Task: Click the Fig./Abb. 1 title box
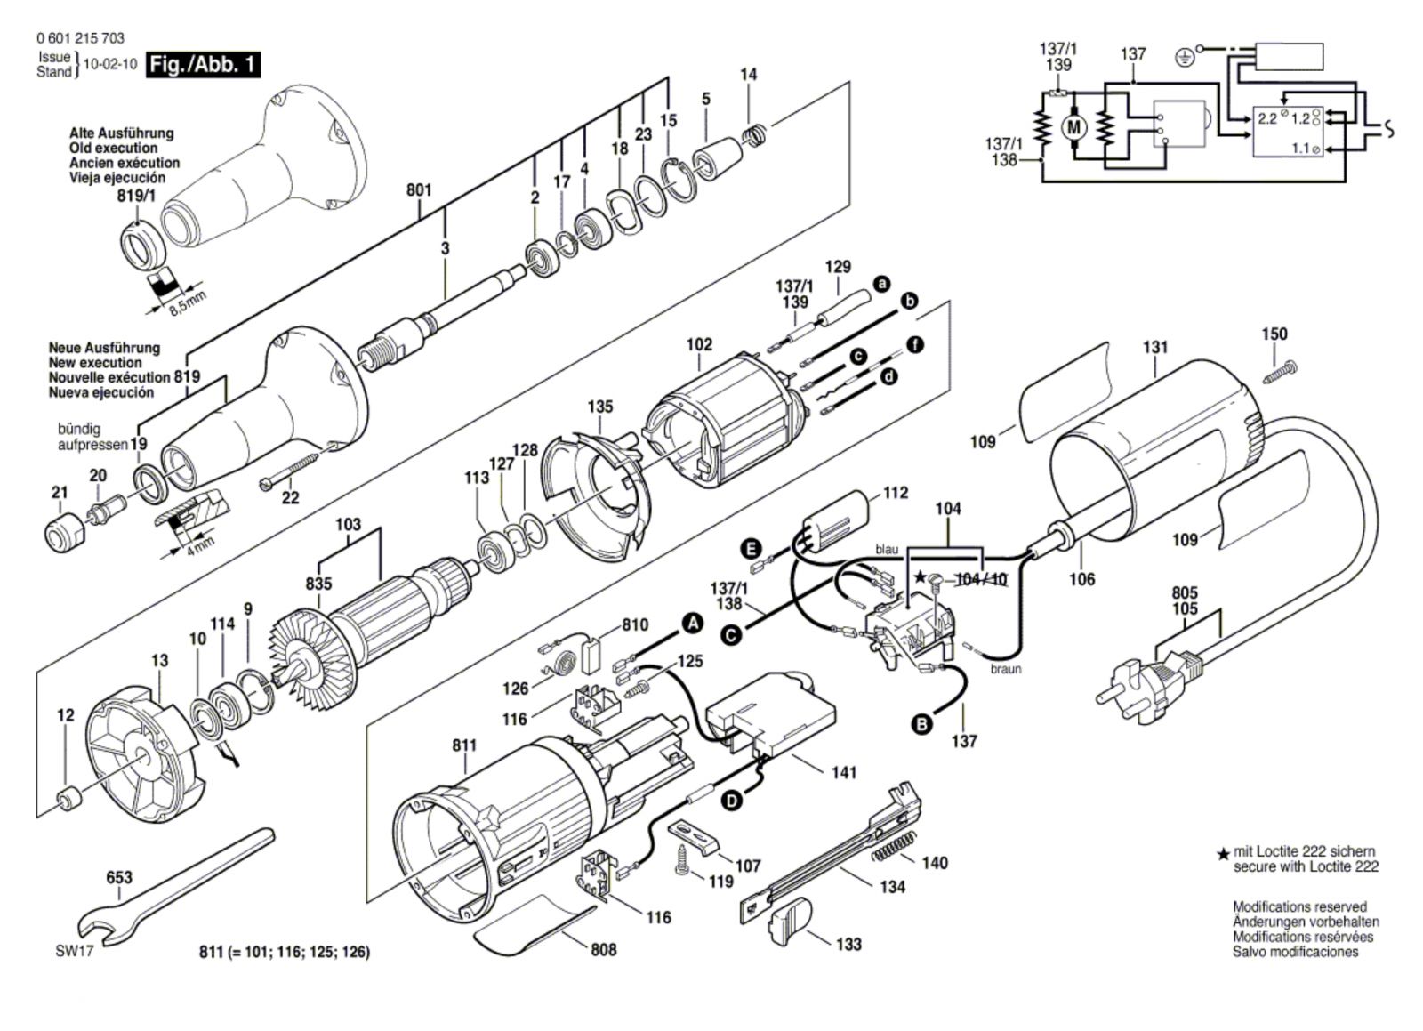[204, 65]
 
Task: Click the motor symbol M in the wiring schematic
[1074, 128]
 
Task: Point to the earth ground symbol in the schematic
[1184, 59]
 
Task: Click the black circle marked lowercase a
[881, 284]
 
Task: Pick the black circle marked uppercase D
[733, 801]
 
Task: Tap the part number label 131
[1155, 347]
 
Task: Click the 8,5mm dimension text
[188, 304]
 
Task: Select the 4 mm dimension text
[200, 544]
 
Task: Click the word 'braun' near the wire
[1006, 669]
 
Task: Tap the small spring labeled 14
[756, 135]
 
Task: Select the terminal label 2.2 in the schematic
[1268, 118]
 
